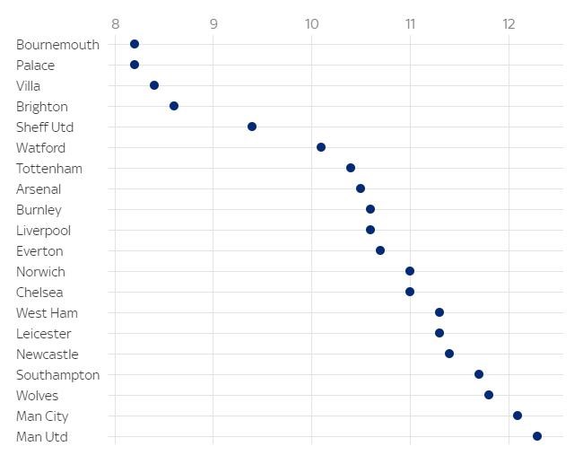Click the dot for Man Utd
pos(537,436)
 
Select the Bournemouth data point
pos(135,44)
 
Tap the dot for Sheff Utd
pos(252,127)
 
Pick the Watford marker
pos(321,147)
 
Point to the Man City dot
pos(518,416)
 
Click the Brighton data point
pos(174,106)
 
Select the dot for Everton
pos(380,250)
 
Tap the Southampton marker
pos(479,374)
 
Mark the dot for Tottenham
pos(351,168)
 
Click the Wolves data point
pos(489,395)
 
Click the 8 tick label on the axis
pos(115,23)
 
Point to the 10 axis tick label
pos(311,23)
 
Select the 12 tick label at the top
pos(509,23)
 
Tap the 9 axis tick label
pos(213,23)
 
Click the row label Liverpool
pos(43,231)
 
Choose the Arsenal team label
pos(39,189)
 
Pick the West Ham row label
pos(47,313)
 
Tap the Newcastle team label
pos(48,355)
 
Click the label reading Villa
pos(29,86)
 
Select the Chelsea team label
pos(40,293)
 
